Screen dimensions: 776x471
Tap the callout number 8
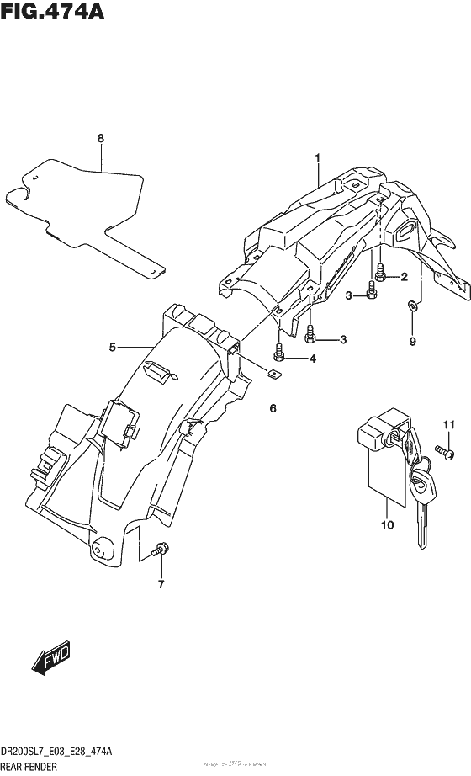click(100, 138)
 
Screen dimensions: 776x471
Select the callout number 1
click(318, 157)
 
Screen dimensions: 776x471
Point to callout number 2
click(404, 277)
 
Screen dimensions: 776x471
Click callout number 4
click(313, 359)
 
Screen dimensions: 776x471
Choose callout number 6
click(273, 408)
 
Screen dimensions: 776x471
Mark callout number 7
click(160, 584)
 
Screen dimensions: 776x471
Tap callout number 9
click(412, 341)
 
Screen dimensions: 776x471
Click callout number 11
click(448, 423)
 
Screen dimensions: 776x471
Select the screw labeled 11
click(445, 455)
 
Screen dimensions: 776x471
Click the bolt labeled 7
click(159, 552)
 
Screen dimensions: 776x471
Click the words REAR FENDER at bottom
click(30, 768)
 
